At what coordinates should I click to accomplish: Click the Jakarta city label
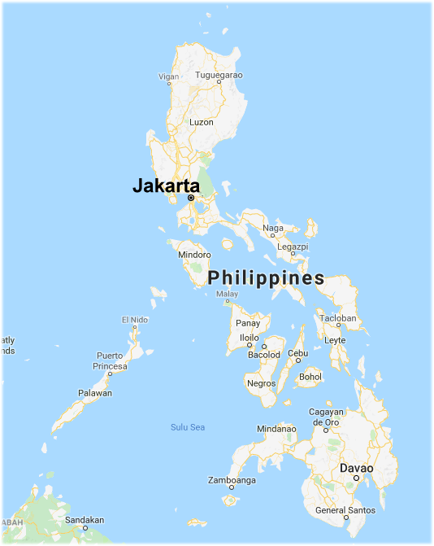(166, 186)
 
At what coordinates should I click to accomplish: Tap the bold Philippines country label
(266, 278)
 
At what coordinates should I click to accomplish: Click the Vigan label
(168, 76)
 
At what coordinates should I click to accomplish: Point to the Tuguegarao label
(219, 75)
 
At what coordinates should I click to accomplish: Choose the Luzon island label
(201, 122)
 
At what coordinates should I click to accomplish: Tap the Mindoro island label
(194, 255)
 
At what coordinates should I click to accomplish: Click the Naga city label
(273, 229)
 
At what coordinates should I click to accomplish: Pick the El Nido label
(136, 319)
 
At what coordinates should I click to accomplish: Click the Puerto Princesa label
(111, 360)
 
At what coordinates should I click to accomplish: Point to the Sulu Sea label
(188, 427)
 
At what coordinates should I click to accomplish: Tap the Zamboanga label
(232, 480)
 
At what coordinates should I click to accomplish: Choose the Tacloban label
(338, 317)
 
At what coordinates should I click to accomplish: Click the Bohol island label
(310, 377)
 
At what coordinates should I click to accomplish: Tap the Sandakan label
(85, 519)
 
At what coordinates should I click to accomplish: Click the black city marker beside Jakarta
(191, 198)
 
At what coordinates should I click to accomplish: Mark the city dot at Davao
(356, 478)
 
